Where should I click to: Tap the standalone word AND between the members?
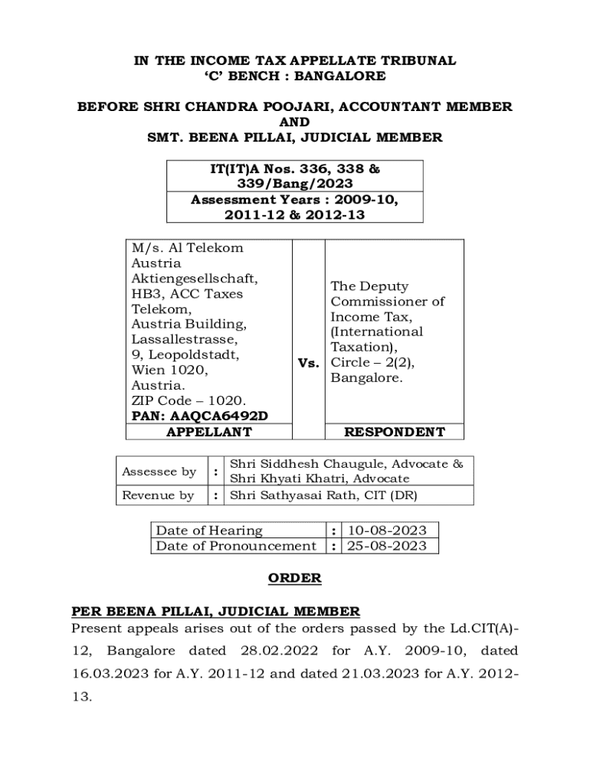[295, 122]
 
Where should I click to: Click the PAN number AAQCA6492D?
[220, 416]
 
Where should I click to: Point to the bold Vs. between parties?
[308, 363]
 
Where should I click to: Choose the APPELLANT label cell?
[209, 432]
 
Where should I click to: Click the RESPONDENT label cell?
[394, 432]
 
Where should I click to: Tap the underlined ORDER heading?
[295, 578]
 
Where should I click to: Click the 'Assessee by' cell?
[159, 472]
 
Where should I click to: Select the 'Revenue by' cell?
[159, 495]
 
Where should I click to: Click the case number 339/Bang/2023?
[295, 184]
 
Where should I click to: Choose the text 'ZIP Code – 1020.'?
[188, 401]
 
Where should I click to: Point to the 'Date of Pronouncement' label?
[236, 546]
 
